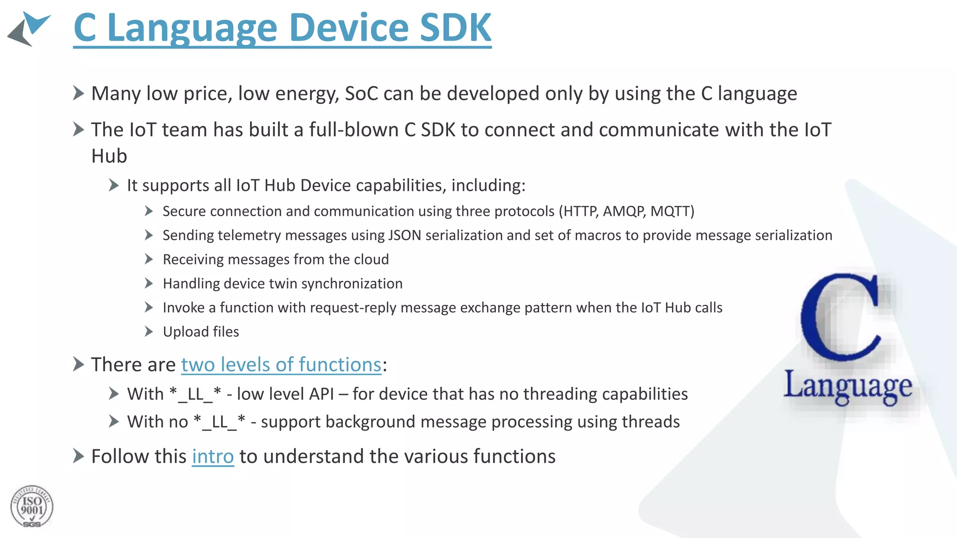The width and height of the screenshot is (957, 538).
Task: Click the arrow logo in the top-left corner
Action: coord(29,29)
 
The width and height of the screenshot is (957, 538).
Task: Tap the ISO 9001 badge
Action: coord(32,507)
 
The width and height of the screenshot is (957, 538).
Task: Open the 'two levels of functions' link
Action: coord(281,365)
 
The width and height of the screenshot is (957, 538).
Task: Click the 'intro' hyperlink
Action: coord(213,456)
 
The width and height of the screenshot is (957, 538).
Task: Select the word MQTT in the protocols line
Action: coord(671,212)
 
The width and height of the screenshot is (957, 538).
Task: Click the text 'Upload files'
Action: coord(201,332)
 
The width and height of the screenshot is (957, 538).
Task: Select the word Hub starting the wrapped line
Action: coord(109,156)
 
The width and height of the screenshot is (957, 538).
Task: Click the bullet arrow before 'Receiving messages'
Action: coord(149,259)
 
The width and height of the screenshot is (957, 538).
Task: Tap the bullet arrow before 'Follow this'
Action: coord(79,456)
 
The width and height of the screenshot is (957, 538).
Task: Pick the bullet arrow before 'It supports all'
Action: coord(114,185)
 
